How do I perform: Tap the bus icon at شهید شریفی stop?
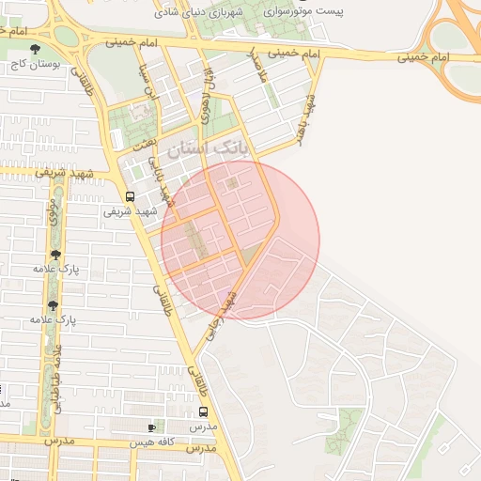coord(130,196)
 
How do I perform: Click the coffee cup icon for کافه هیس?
coord(152,427)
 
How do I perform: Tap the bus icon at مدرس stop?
coord(204,411)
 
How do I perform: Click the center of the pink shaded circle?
coord(240,240)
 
